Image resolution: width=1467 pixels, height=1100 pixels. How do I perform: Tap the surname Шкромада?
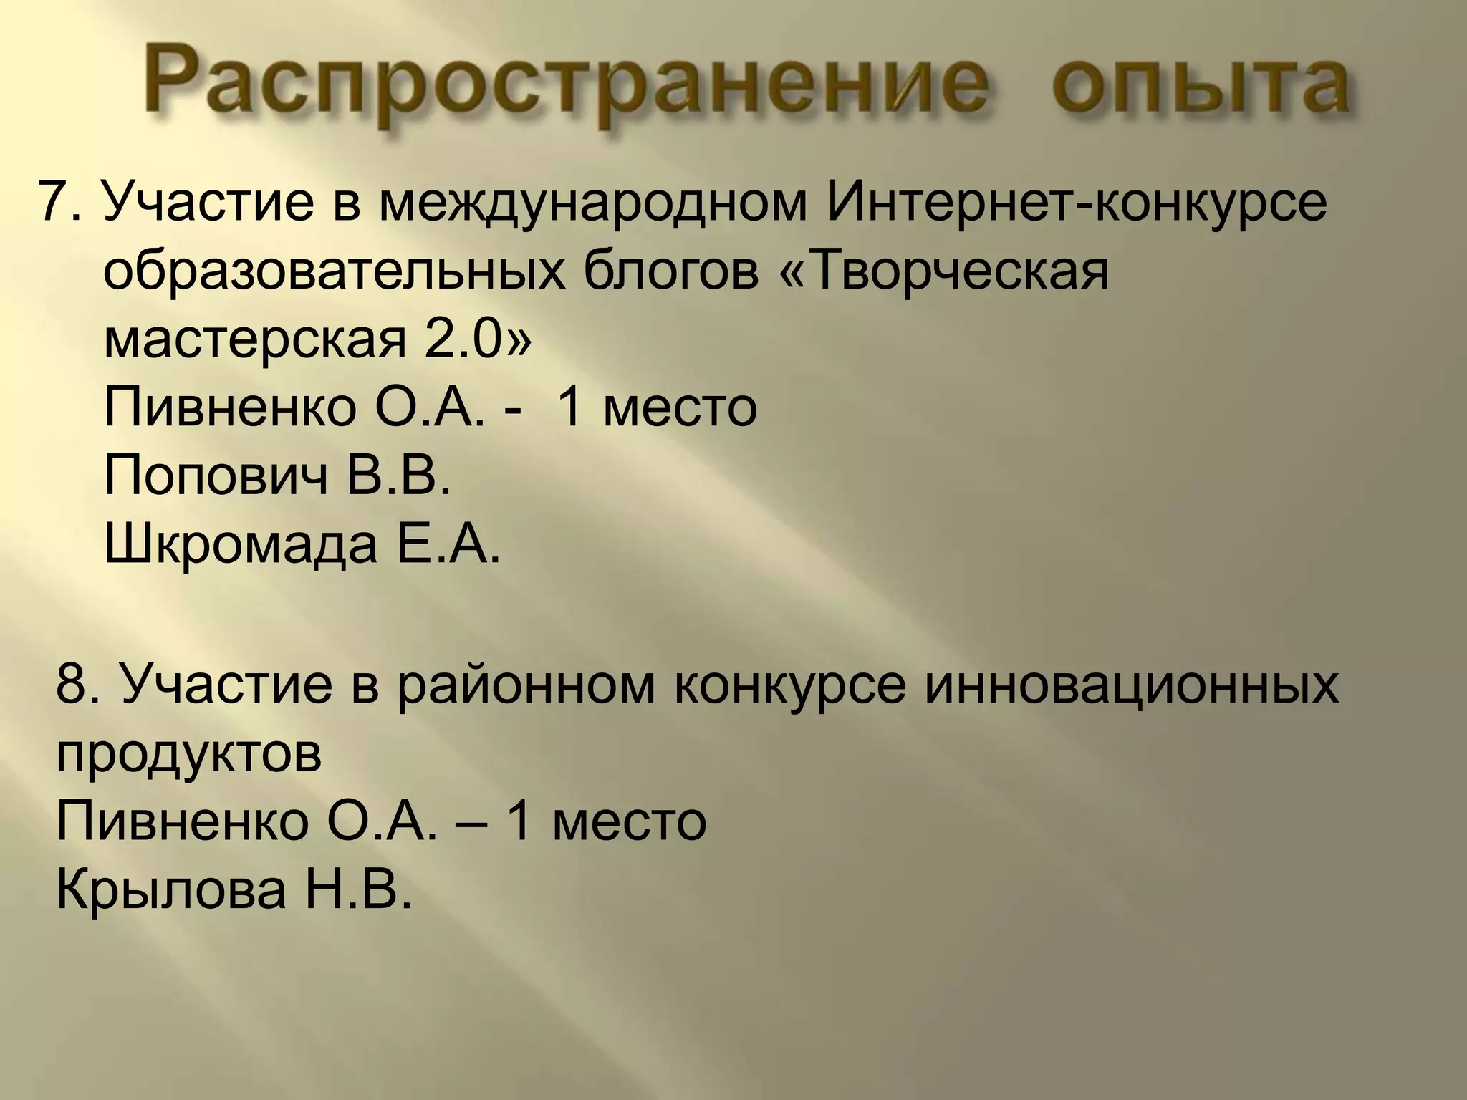[241, 544]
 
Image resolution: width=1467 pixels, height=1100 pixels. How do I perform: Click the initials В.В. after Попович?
[400, 475]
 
